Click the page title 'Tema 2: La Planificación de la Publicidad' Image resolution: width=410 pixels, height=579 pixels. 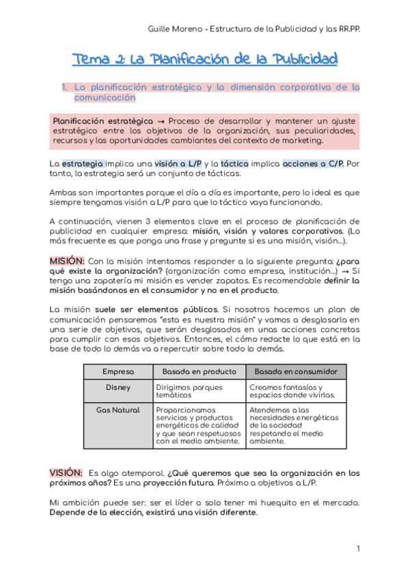(205, 59)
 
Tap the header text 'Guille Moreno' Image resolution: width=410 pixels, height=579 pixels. (176, 29)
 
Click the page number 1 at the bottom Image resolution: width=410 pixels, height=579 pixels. (358, 549)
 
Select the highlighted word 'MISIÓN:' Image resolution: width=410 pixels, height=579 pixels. (67, 261)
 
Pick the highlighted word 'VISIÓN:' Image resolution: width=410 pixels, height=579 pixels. (66, 472)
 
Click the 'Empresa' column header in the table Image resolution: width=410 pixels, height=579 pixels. (118, 371)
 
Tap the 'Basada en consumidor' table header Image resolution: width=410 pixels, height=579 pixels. (296, 371)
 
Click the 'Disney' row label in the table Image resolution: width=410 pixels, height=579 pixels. (118, 387)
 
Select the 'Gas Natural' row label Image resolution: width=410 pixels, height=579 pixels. (118, 410)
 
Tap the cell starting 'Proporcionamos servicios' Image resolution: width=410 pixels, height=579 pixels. (198, 425)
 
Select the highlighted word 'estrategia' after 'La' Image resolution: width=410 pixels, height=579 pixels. (83, 164)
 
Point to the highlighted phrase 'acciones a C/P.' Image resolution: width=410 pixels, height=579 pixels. (312, 164)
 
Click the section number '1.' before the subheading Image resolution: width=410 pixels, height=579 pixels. (65, 87)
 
